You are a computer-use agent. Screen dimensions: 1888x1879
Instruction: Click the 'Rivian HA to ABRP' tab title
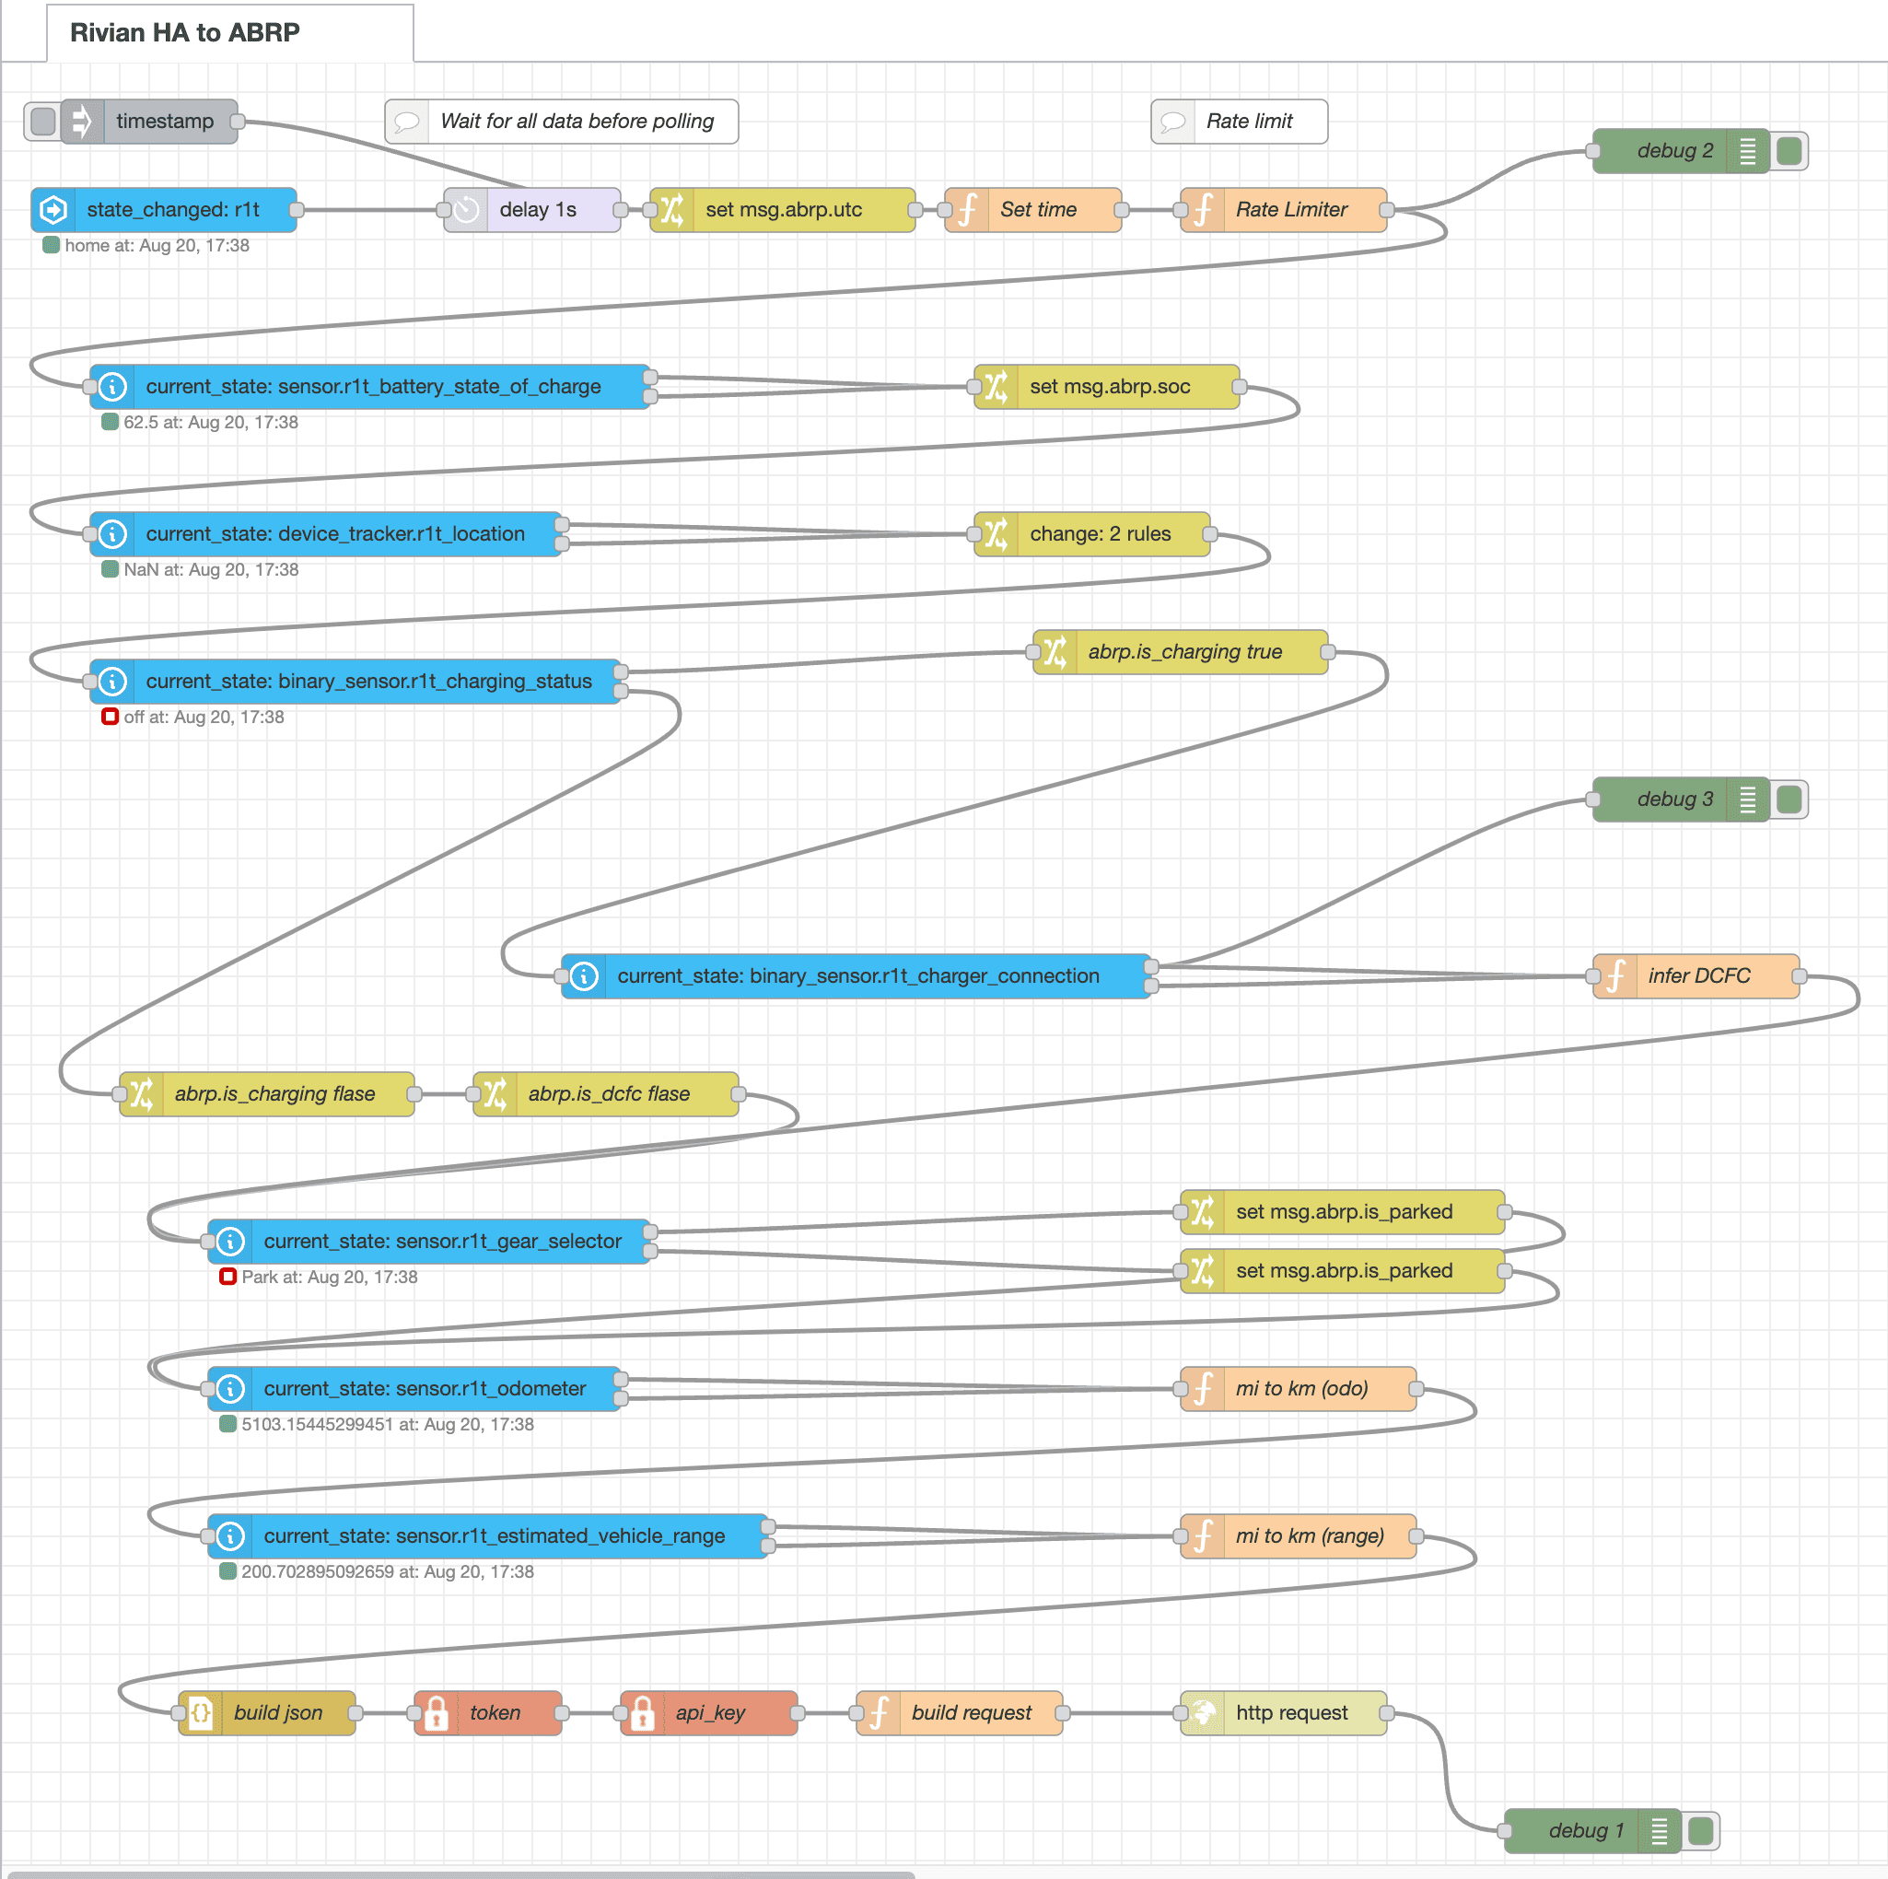tap(185, 32)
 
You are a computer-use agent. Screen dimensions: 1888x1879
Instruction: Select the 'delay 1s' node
tap(532, 210)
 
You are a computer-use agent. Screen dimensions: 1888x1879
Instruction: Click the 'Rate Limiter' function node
tap(1283, 210)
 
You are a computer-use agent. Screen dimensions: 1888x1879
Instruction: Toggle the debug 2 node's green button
tap(1789, 151)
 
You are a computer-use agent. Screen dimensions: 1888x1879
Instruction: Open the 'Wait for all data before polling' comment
tap(562, 122)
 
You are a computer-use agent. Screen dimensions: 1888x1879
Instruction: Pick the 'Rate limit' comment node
tap(1239, 122)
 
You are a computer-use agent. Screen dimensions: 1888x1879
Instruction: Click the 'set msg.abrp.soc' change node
tap(1106, 387)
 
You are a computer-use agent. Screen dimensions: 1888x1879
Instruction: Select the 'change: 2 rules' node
tap(1091, 534)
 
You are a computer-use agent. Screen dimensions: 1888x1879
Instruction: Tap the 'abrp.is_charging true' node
tap(1181, 652)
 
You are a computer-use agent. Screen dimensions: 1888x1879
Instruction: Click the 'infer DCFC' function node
tap(1696, 976)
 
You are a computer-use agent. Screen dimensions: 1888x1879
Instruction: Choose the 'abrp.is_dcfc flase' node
tap(606, 1094)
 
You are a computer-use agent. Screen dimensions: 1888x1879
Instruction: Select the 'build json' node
tap(267, 1713)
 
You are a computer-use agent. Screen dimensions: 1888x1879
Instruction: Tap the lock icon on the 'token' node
tap(437, 1713)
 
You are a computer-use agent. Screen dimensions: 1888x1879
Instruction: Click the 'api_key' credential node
tap(708, 1713)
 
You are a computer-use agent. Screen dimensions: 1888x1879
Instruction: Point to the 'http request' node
tap(1283, 1713)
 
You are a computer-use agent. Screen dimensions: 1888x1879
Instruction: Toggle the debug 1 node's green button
tap(1700, 1831)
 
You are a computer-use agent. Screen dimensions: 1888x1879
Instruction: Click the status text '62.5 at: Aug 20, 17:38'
tap(211, 422)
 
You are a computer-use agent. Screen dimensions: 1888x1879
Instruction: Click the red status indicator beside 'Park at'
tap(227, 1276)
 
